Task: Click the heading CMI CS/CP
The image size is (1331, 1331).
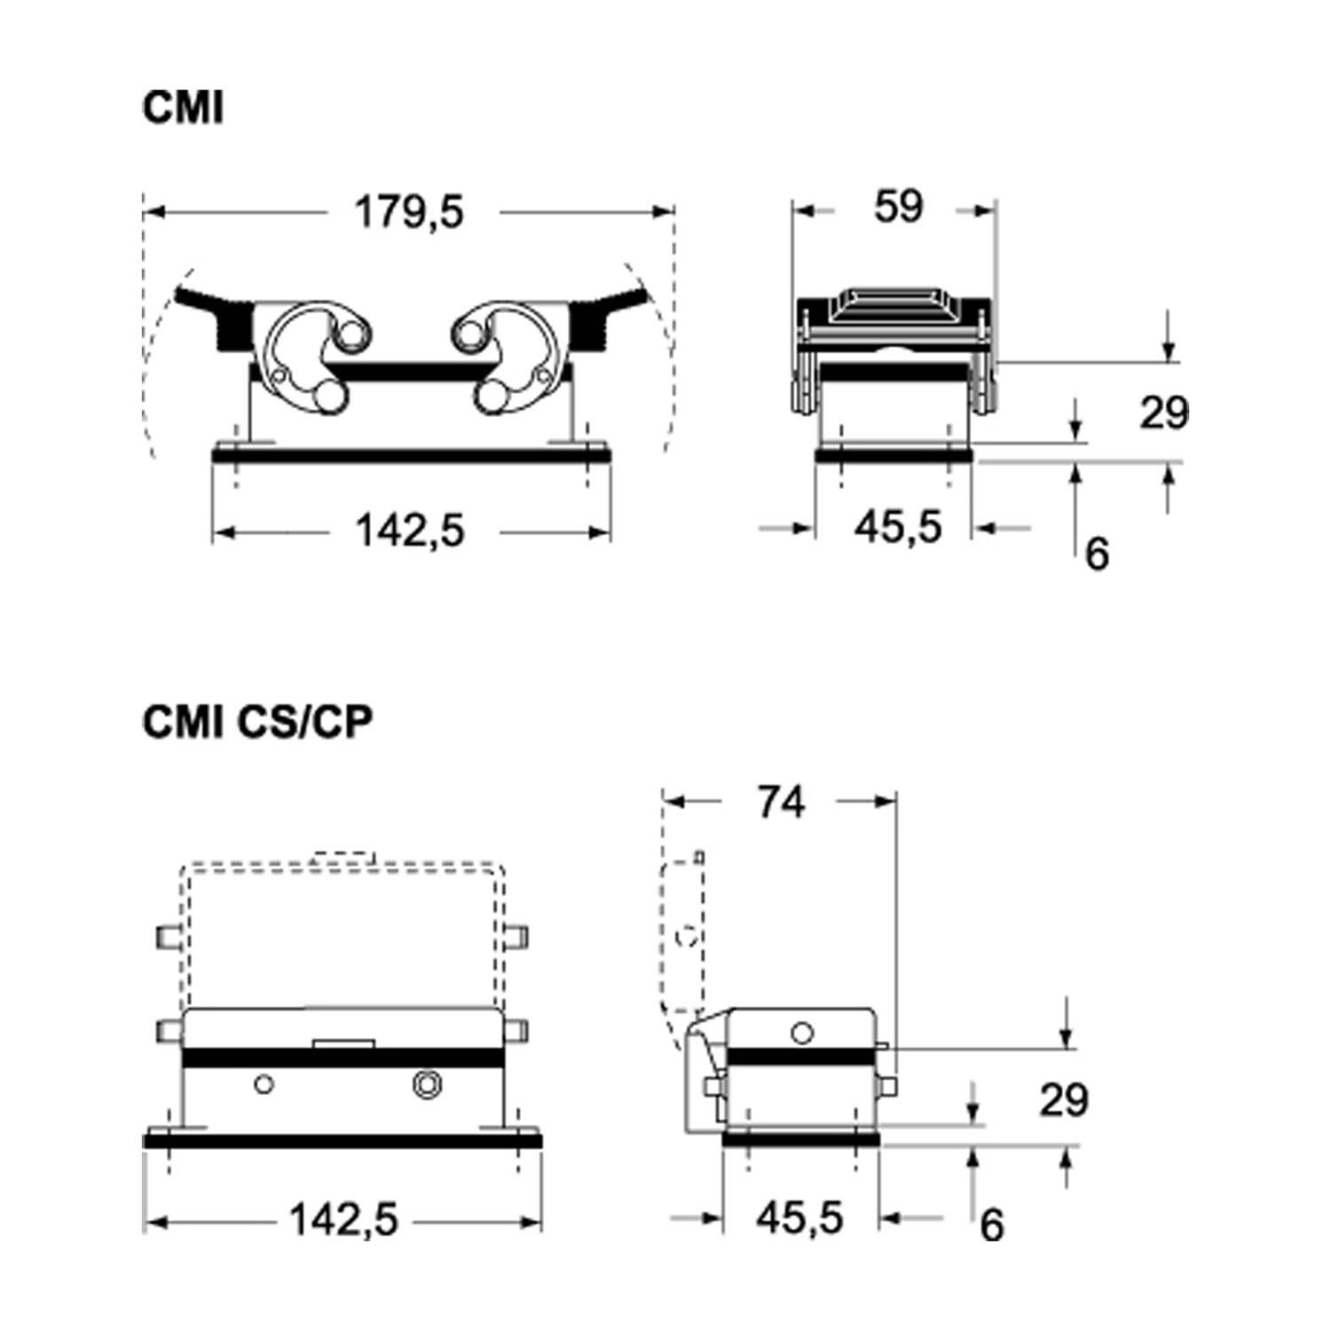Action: point(256,722)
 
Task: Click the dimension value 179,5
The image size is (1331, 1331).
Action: point(409,213)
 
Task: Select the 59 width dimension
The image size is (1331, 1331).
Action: point(898,207)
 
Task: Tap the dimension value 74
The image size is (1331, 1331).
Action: point(781,802)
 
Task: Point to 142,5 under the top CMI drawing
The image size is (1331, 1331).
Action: point(410,532)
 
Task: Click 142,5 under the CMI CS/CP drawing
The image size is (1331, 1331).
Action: point(344,1221)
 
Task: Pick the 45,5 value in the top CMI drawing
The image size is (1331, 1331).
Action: point(897,528)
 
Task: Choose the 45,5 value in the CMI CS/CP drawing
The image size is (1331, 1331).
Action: point(799,1218)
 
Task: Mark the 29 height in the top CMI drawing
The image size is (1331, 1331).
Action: point(1163,413)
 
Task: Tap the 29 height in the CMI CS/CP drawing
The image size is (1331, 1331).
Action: point(1063,1100)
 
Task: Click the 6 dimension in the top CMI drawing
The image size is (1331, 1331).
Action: point(1098,555)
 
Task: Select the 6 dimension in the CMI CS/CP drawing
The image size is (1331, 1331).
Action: point(992,1225)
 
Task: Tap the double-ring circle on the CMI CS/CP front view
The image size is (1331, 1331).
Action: point(427,1083)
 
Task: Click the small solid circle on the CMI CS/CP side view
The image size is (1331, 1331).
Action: point(802,1033)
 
